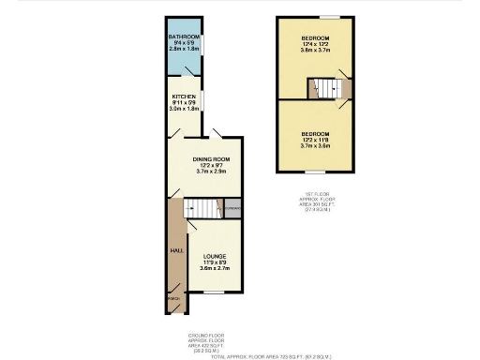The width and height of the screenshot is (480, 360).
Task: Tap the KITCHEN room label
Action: (184, 97)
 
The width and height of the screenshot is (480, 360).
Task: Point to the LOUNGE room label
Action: (213, 255)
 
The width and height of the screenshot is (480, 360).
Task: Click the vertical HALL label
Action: (175, 250)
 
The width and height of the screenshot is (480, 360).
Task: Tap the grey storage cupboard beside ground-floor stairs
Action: (232, 208)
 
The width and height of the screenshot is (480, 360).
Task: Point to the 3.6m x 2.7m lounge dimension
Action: (213, 269)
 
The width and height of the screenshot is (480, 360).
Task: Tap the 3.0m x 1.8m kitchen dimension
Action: (184, 110)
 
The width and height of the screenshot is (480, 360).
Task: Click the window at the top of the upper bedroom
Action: (329, 18)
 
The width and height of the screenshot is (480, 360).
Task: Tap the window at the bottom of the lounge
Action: (214, 292)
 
